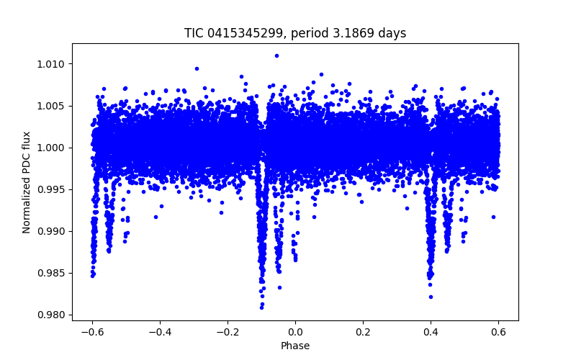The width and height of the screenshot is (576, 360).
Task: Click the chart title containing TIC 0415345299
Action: point(295,33)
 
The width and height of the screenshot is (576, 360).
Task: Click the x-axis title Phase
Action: point(295,346)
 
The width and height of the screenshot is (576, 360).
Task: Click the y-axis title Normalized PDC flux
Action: point(27,181)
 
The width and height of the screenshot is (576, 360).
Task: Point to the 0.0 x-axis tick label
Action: point(295,332)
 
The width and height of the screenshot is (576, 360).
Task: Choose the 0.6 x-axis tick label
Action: point(498,332)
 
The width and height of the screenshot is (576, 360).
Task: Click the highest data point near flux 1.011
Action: point(276,55)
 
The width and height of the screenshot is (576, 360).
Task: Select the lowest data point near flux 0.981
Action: point(261,307)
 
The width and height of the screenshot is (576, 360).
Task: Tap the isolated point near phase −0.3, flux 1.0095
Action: point(197,68)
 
